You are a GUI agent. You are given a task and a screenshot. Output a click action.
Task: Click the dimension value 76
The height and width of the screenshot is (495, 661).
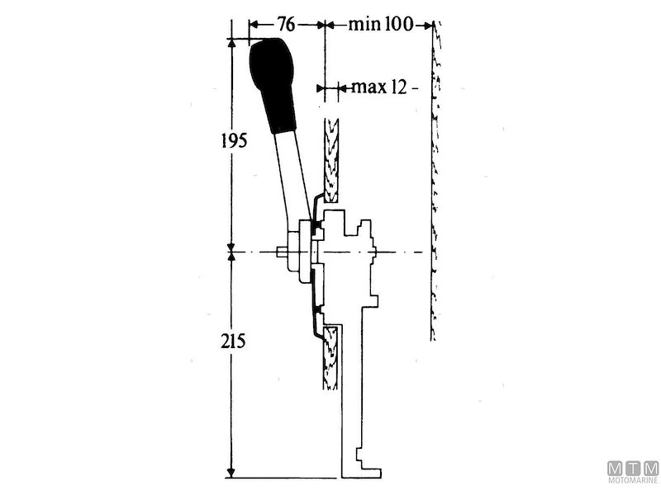coord(286,24)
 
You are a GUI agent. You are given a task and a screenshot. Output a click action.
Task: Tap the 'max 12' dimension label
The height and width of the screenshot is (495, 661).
coord(379,87)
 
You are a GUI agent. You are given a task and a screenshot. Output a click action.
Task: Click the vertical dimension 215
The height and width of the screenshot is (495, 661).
coord(234,340)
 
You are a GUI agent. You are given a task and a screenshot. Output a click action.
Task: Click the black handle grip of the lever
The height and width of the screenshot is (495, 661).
coord(274,82)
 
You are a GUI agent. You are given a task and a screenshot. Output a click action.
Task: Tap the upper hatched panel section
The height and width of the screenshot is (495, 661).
coord(332,161)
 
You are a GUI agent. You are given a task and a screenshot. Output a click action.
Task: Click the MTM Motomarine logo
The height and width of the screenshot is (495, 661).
coord(633,474)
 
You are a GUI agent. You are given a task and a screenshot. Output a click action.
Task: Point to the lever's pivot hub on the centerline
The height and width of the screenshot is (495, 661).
coord(299,252)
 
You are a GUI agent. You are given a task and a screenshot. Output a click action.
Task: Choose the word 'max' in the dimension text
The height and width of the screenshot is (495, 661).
coord(367,87)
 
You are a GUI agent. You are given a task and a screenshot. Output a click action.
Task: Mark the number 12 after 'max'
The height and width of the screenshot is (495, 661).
coord(398,87)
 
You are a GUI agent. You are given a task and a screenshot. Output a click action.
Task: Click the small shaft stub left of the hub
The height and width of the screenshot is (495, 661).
coord(282,252)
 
